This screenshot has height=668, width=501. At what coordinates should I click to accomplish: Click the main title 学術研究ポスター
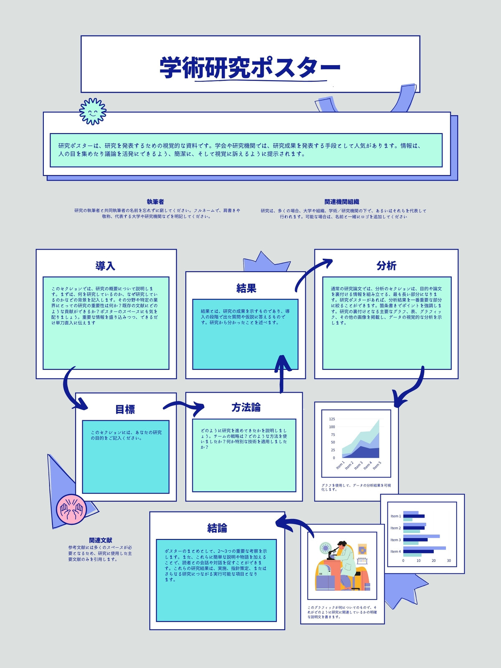[x=250, y=67]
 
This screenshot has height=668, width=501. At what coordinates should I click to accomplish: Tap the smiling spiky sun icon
[x=93, y=111]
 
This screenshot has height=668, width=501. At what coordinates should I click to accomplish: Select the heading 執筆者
[x=155, y=202]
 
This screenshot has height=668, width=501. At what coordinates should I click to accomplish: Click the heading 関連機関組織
[x=342, y=202]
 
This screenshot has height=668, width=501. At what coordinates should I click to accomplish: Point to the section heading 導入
[x=105, y=266]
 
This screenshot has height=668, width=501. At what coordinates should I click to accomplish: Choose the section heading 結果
[x=246, y=288]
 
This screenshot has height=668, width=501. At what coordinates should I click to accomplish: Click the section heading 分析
[x=386, y=266]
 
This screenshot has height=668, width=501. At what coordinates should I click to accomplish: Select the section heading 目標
[x=125, y=409]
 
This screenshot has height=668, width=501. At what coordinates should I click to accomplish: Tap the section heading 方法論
[x=246, y=407]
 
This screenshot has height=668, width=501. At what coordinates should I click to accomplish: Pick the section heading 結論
[x=217, y=528]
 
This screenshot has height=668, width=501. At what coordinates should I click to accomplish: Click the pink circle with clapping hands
[x=71, y=509]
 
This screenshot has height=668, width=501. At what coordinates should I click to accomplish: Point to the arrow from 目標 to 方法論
[x=184, y=404]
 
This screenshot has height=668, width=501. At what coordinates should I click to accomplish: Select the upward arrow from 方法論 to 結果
[x=282, y=374]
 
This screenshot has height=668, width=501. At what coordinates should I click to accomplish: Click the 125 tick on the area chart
[x=332, y=419]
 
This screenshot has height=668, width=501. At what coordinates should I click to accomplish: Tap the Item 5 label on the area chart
[x=377, y=466]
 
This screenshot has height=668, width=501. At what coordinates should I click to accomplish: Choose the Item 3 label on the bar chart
[x=395, y=540]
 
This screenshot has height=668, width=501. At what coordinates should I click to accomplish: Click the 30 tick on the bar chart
[x=449, y=561]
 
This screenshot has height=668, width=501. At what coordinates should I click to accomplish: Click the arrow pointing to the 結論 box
[x=294, y=524]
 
